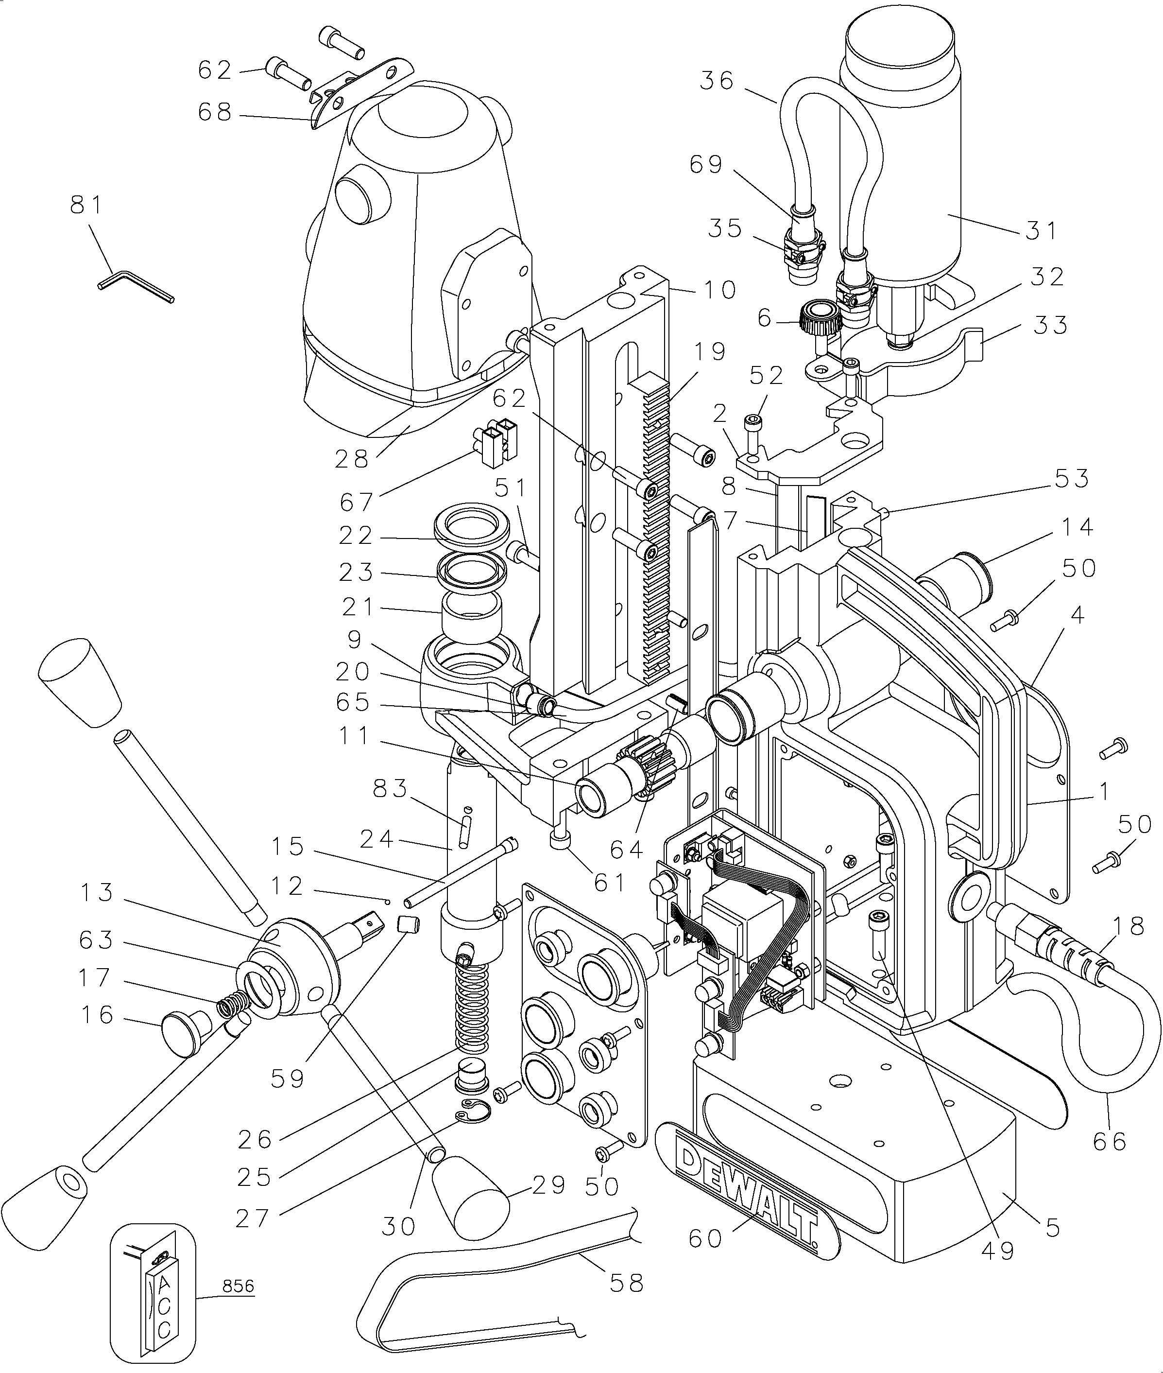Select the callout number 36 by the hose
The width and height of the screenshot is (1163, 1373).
[718, 81]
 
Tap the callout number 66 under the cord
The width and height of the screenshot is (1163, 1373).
[1110, 1141]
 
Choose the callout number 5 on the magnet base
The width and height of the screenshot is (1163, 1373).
[1052, 1227]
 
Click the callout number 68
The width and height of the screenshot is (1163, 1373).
[215, 112]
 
